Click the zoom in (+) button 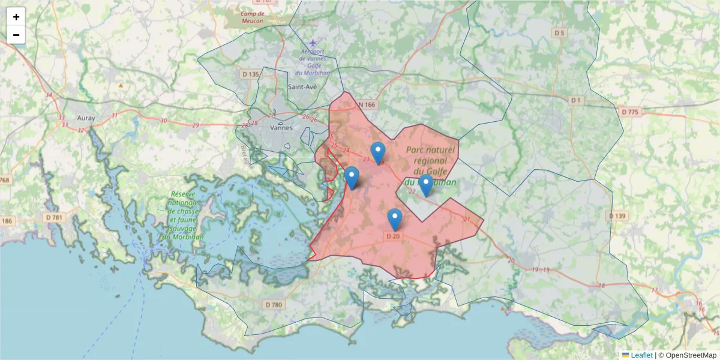(x=16, y=17)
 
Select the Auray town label (x=86, y=118)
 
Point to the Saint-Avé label (x=302, y=86)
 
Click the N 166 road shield (x=367, y=105)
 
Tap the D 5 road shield (x=559, y=33)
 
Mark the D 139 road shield (x=617, y=215)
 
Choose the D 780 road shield (x=273, y=305)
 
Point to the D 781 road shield (x=54, y=217)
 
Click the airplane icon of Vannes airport (x=312, y=44)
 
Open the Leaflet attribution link (x=641, y=355)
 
